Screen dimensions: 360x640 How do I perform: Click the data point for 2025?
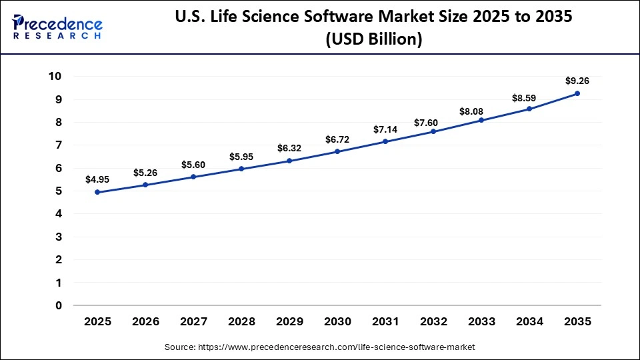tap(97, 192)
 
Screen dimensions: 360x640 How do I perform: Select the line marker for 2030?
tap(337, 151)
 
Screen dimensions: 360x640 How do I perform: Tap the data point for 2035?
tap(577, 93)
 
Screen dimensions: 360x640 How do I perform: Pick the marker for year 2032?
tap(433, 131)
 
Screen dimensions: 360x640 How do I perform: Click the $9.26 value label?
tap(577, 81)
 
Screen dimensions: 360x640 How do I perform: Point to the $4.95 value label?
tap(97, 179)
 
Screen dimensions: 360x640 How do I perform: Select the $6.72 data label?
tap(337, 139)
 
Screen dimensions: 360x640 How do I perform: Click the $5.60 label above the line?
tap(193, 165)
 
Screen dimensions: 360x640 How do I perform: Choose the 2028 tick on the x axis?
tap(241, 321)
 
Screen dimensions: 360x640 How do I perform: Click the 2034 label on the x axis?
tap(529, 321)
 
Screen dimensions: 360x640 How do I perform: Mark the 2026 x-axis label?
tap(145, 321)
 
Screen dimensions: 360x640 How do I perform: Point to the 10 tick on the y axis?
tap(55, 77)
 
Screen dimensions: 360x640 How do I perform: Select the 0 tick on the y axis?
tap(59, 306)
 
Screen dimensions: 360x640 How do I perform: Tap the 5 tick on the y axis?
tap(59, 191)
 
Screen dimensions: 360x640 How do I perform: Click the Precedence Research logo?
tap(57, 27)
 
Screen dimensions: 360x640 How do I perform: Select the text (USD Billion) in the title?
tap(373, 39)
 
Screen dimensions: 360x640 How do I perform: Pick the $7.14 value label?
tap(385, 129)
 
